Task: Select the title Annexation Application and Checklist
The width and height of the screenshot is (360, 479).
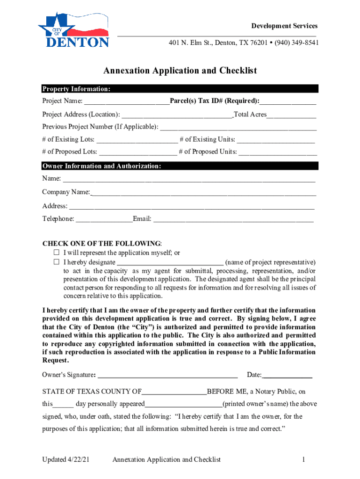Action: [180, 71]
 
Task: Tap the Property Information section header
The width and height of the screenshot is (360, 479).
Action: [77, 89]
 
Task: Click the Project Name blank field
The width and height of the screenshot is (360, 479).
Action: [127, 102]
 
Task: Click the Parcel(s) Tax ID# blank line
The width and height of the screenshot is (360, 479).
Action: [288, 102]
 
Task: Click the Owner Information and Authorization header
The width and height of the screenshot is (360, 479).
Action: [102, 166]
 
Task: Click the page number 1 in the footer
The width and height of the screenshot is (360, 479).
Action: [303, 460]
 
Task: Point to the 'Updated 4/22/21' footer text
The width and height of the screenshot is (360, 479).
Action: [65, 460]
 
